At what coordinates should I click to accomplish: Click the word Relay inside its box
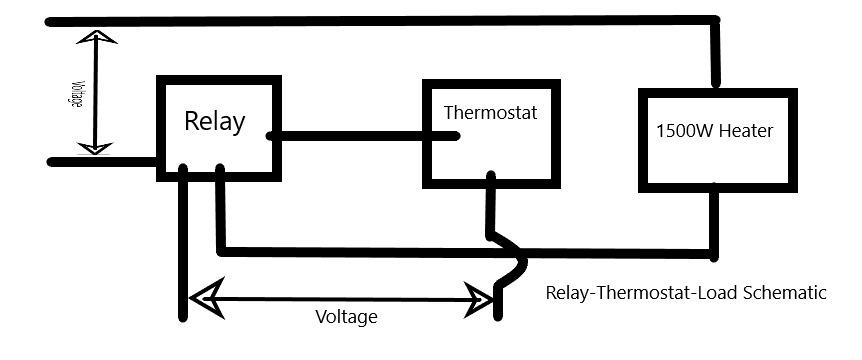(214, 121)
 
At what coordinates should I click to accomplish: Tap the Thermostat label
(490, 113)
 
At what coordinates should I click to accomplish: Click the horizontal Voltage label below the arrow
(346, 317)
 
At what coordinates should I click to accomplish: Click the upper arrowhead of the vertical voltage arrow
(96, 37)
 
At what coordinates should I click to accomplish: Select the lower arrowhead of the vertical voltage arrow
(95, 148)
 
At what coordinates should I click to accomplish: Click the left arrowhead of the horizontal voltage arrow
(206, 298)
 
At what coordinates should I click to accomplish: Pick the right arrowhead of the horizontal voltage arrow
(479, 300)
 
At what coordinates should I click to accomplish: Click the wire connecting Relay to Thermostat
(363, 136)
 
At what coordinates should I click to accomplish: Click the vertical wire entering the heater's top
(715, 53)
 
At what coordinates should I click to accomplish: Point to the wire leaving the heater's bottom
(714, 223)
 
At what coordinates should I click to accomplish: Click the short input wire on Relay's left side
(103, 162)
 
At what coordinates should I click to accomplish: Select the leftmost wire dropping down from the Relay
(183, 242)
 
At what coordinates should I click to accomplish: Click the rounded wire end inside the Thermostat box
(455, 136)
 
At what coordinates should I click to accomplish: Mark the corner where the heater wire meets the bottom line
(714, 254)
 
